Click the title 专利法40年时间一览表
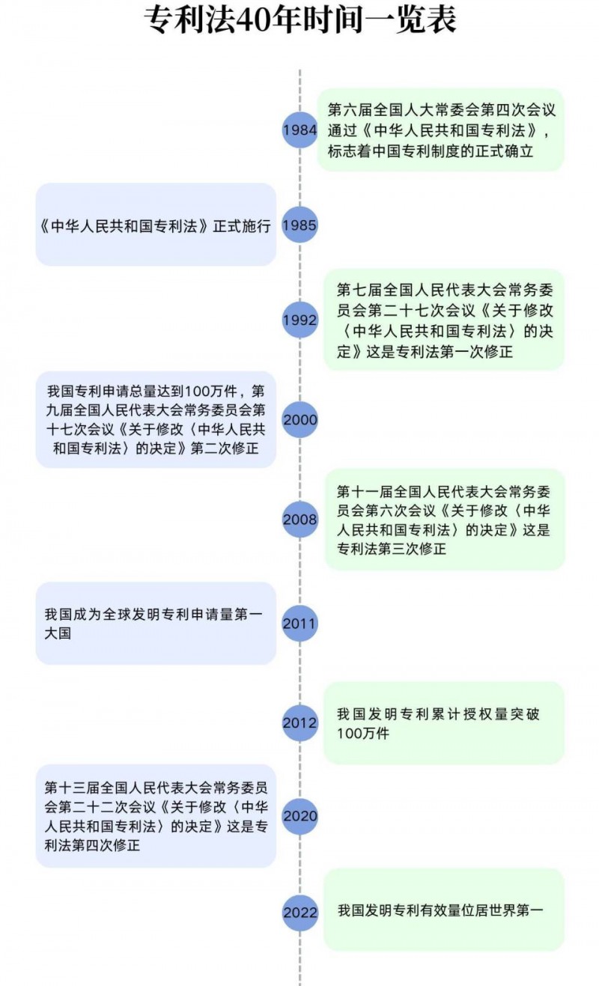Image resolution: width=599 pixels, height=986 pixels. pos(299,21)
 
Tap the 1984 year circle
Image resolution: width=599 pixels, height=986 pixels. pos(299,130)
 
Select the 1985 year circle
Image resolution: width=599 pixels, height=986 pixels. pos(299,225)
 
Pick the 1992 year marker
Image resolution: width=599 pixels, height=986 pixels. pos(299,320)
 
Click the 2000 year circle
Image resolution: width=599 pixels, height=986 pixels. pos(299,419)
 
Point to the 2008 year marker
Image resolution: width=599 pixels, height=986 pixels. pos(299,519)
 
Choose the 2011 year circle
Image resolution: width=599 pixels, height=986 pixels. pos(299,623)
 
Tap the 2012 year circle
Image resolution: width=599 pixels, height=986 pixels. pos(299,723)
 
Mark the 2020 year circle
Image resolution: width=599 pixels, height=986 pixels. pos(299,816)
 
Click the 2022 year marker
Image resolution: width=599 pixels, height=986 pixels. pos(299,912)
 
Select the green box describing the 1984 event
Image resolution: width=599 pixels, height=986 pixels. pos(441,130)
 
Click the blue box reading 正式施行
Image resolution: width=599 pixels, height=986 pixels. pos(156,225)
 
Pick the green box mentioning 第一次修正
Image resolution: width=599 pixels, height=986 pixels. pos(443,320)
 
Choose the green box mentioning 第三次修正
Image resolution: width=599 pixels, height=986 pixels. pos(444,519)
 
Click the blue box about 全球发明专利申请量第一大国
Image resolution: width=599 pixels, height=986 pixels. pos(156,623)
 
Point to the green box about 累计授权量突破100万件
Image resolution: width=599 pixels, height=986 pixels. pos(443,723)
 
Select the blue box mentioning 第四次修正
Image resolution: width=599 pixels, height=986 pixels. pos(156,816)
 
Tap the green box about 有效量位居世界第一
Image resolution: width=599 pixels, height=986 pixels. pos(443,910)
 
